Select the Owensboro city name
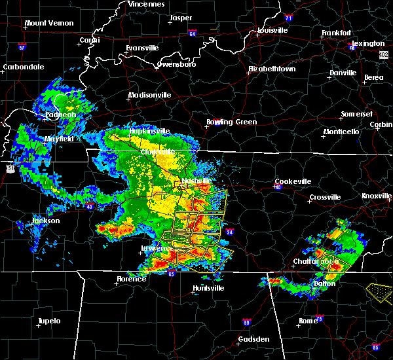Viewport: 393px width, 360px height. point(177,65)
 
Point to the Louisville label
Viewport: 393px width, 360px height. point(272,30)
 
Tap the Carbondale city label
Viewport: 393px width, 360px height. point(23,67)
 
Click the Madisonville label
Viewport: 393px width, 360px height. point(149,95)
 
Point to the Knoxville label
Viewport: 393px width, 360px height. point(377,196)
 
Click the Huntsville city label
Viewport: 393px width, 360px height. point(208,289)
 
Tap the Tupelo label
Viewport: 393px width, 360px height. point(48,321)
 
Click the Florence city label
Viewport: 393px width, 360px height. point(132,279)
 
